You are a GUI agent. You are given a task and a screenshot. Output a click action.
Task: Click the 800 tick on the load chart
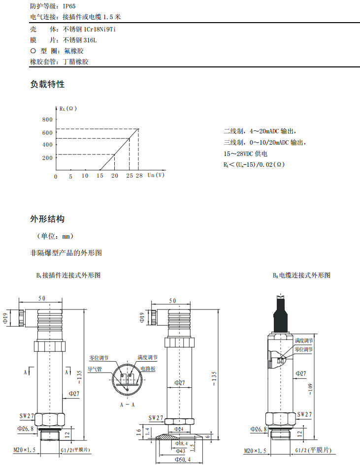click(47, 120)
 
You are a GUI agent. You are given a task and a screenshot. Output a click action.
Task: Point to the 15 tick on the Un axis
click(100, 176)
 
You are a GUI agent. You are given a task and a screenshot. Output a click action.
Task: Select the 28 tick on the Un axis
click(139, 176)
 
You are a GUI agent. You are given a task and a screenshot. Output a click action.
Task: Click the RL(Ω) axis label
click(67, 109)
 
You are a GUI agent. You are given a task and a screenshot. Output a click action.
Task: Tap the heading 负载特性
click(47, 84)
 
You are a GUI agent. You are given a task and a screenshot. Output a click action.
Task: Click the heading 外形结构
click(47, 218)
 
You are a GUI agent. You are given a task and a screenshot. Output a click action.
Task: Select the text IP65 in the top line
click(69, 6)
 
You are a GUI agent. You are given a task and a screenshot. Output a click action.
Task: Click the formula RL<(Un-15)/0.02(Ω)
click(253, 164)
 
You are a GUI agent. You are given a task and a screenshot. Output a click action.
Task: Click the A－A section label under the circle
click(128, 404)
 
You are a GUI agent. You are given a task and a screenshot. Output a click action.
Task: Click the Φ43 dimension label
click(181, 451)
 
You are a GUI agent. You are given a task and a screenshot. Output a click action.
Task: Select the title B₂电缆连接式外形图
click(301, 275)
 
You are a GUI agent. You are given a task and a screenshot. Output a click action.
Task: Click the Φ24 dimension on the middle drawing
click(180, 429)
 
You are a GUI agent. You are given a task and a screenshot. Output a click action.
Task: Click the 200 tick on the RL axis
click(47, 158)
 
